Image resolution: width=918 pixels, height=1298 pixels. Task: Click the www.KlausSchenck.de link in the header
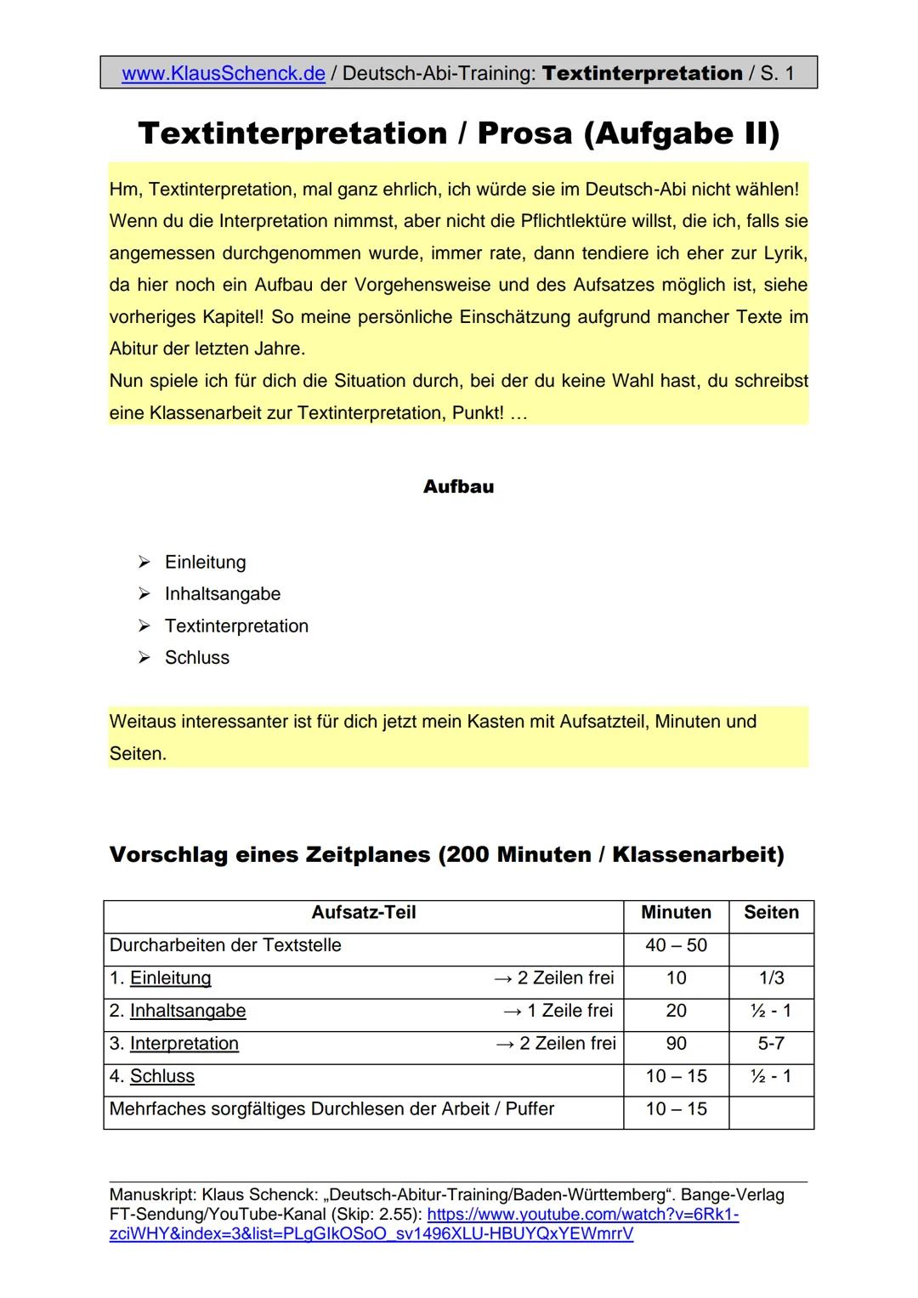pos(224,74)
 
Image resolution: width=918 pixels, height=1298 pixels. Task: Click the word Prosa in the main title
pos(524,133)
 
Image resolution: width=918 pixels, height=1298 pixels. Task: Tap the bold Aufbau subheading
pos(458,487)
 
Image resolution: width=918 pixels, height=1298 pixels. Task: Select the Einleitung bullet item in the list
pos(205,562)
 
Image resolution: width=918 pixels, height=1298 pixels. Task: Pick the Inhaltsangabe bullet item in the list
pos(222,594)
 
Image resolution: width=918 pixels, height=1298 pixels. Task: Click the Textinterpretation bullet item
pos(236,626)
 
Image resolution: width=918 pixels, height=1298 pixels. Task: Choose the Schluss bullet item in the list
pos(196,658)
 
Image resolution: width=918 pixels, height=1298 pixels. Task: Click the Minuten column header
pos(676,913)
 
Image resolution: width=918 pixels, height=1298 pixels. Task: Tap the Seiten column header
pos(771,913)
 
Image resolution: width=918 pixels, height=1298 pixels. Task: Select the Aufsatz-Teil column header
pos(364,913)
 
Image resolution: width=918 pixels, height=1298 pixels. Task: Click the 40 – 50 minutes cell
pos(676,945)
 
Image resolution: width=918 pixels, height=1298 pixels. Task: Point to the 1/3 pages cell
pos(771,978)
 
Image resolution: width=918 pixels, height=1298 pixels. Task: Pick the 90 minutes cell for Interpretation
pos(676,1044)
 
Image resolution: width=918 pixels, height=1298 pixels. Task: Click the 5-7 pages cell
pos(771,1044)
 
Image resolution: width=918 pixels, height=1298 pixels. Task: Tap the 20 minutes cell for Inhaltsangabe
pos(676,1011)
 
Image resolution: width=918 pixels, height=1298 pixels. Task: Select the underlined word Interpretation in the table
pos(184,1044)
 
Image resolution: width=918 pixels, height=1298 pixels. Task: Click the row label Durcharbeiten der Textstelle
pos(225,945)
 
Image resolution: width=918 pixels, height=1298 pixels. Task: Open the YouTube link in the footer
pos(582,1216)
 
